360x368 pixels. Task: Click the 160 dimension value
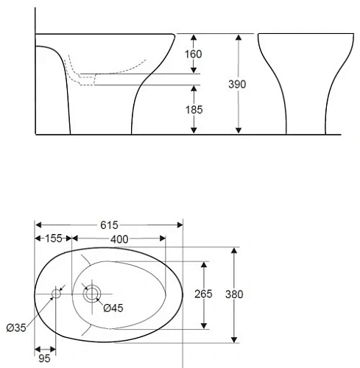[x=194, y=54]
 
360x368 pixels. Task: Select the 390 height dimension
[x=237, y=84]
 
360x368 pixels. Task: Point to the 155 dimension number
[x=54, y=238]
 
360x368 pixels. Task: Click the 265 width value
[x=204, y=294]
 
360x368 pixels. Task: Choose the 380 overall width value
[x=234, y=294]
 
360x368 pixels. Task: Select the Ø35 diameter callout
[x=15, y=328]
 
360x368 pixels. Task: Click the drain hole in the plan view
[x=91, y=294]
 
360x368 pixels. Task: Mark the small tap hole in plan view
[x=56, y=294]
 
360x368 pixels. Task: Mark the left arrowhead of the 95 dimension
[x=38, y=350]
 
